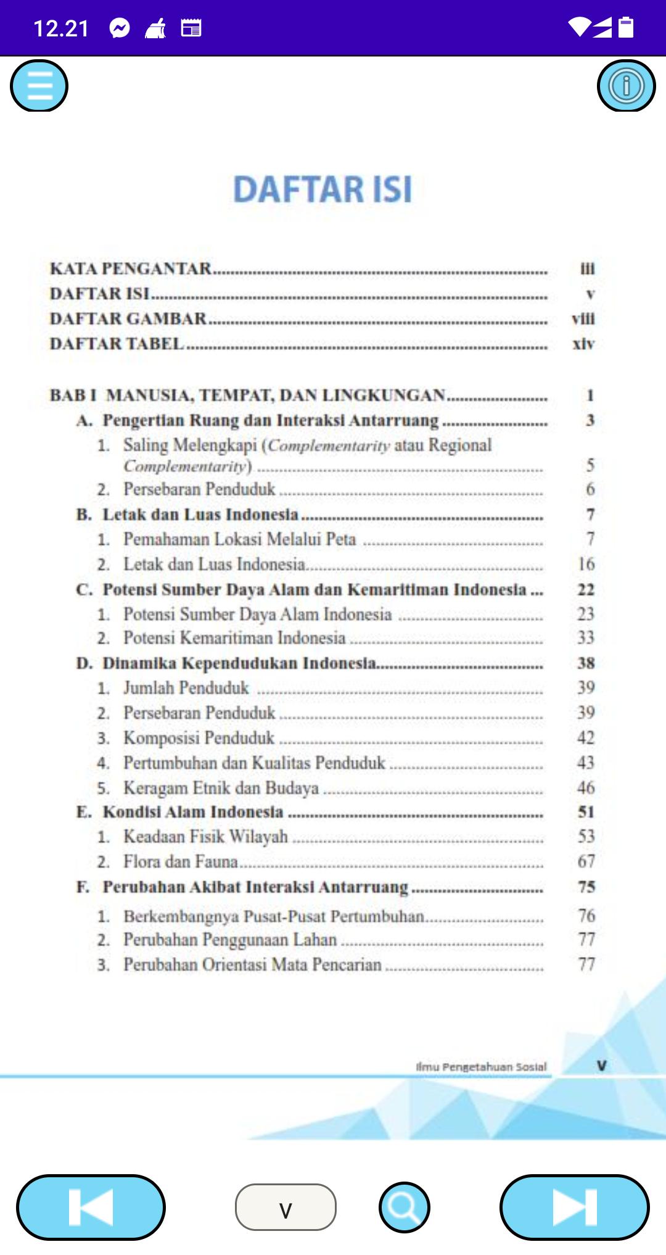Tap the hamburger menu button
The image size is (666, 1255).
39,86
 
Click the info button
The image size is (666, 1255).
626,86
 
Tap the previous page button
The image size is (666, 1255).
91,1207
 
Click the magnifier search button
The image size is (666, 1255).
405,1207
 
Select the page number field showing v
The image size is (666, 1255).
286,1207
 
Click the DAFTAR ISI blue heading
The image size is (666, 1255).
323,189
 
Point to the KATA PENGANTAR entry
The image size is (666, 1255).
131,268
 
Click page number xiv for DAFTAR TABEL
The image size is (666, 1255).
583,344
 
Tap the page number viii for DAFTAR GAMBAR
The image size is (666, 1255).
583,318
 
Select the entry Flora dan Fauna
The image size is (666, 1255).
180,861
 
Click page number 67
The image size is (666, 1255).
586,861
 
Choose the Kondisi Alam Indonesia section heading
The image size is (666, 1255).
192,812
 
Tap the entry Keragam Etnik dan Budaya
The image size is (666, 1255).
221,788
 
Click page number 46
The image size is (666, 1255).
586,788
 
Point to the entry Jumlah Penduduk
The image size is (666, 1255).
186,688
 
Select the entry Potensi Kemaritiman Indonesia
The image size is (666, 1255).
234,638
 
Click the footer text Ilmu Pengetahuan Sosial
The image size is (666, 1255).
481,1066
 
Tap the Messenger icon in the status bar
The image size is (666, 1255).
120,28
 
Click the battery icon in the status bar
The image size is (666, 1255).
626,28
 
